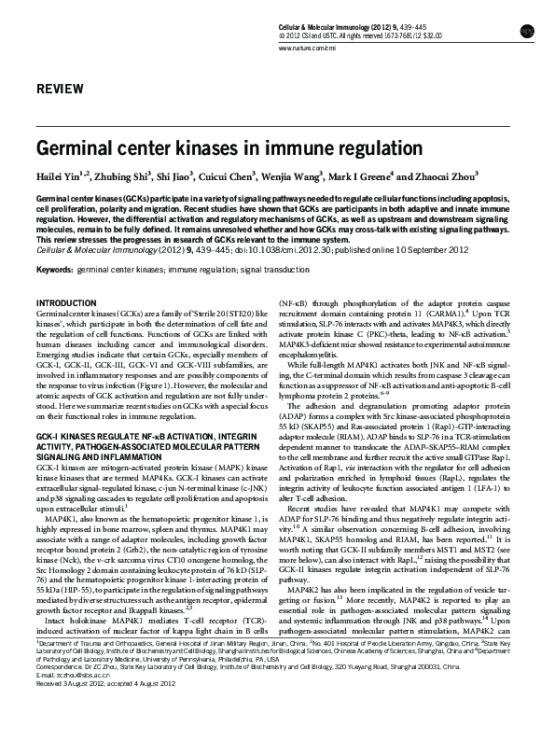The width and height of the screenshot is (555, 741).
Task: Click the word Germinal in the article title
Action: point(79,148)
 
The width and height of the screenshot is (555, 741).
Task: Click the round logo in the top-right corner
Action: point(527,31)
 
